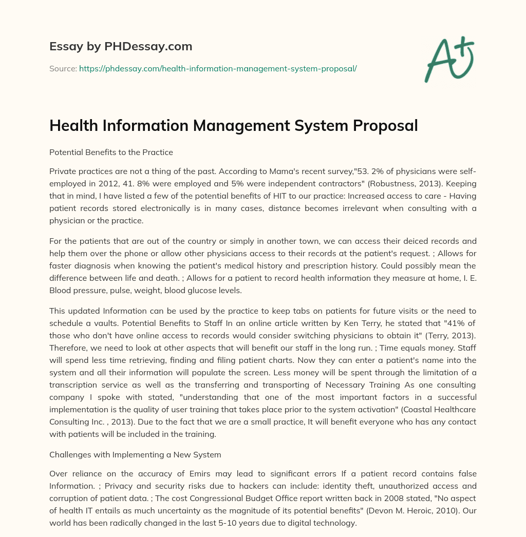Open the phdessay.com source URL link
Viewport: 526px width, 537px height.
pyautogui.click(x=218, y=68)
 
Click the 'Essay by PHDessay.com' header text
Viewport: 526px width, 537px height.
pyautogui.click(x=121, y=47)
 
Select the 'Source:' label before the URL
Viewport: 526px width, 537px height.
pyautogui.click(x=63, y=68)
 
